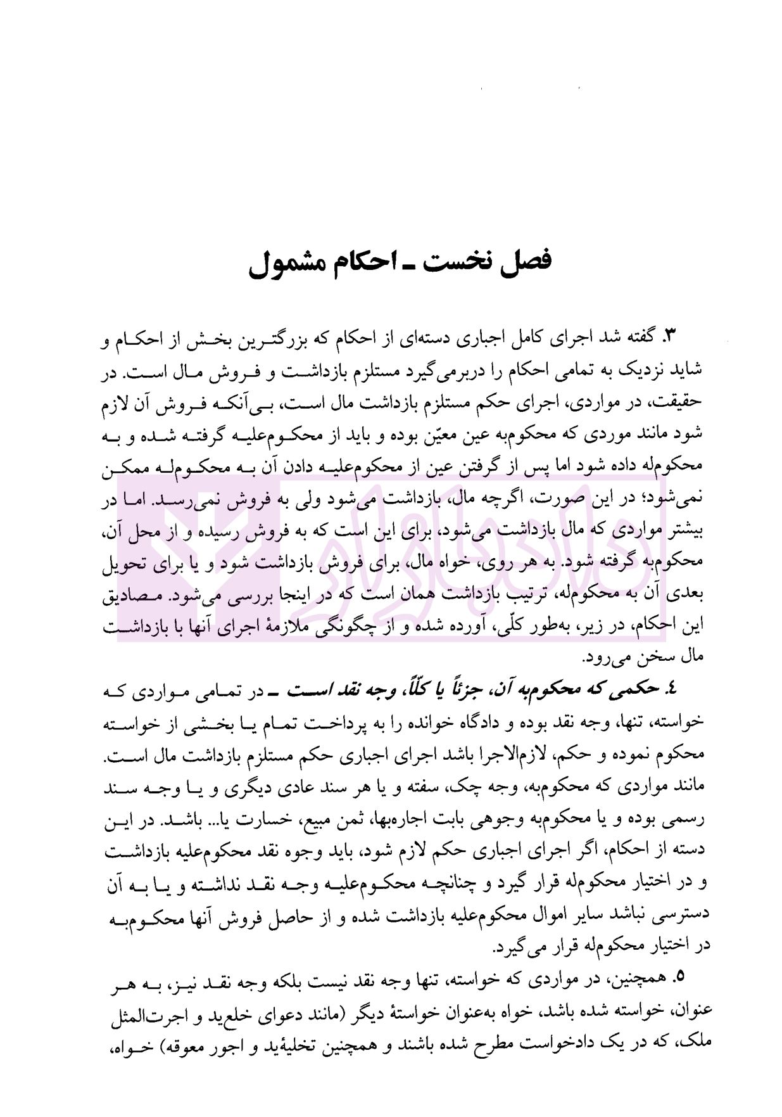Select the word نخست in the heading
point(458,260)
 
